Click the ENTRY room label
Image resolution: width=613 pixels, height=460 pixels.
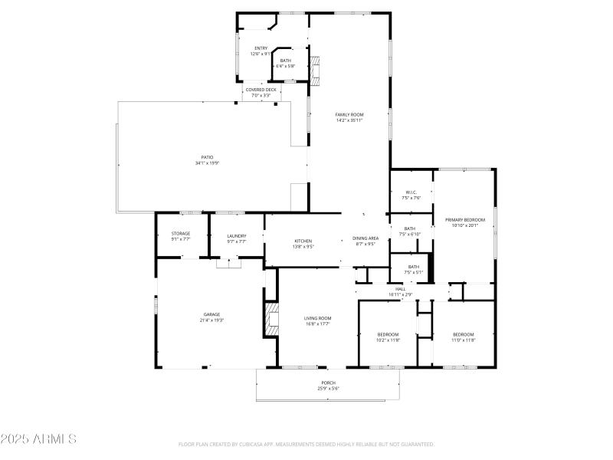point(261,48)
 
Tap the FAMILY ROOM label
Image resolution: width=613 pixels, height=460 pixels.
point(349,114)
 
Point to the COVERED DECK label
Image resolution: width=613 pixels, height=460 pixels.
point(261,90)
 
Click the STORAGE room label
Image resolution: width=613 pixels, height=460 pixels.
point(181,234)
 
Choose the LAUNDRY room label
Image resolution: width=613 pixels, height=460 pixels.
point(237,236)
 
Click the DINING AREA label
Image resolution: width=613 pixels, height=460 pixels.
point(366,238)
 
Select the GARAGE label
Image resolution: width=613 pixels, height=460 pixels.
point(212,314)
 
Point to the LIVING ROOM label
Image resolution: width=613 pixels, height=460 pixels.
point(317,318)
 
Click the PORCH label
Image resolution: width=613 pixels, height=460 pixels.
point(328,383)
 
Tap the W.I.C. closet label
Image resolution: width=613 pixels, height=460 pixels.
point(411,192)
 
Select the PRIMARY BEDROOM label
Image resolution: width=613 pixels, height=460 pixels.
point(465,220)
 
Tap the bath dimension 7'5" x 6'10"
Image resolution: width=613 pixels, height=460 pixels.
point(410,234)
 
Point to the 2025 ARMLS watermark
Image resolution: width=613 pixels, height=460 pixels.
point(38,439)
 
